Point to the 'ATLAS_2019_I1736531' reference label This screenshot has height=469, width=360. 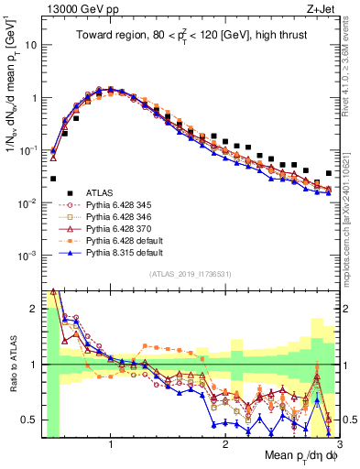[189, 274]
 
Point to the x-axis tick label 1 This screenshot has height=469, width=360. [111, 444]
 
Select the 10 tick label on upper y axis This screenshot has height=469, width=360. [30, 44]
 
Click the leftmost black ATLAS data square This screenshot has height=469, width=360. [53, 179]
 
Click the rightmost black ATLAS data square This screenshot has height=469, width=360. [329, 173]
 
